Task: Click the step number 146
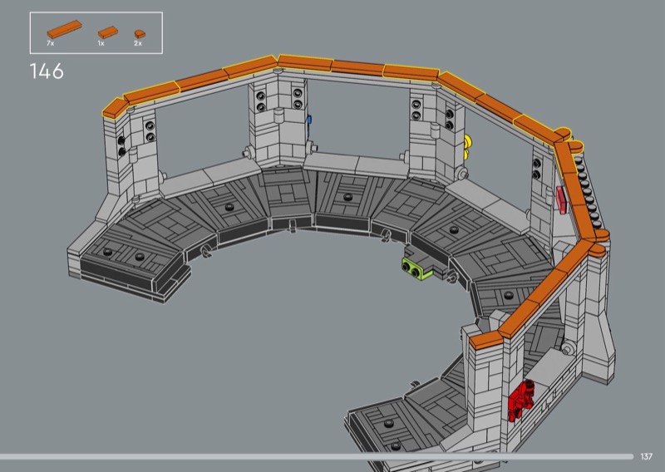[x=47, y=71]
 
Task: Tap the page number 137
[x=647, y=456]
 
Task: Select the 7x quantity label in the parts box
[x=51, y=43]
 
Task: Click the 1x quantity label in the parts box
[x=101, y=43]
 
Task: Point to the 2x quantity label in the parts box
[x=138, y=43]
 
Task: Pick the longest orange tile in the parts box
[x=65, y=29]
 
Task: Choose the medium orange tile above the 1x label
[x=108, y=32]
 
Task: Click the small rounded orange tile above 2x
[x=140, y=34]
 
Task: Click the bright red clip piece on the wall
[x=521, y=401]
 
